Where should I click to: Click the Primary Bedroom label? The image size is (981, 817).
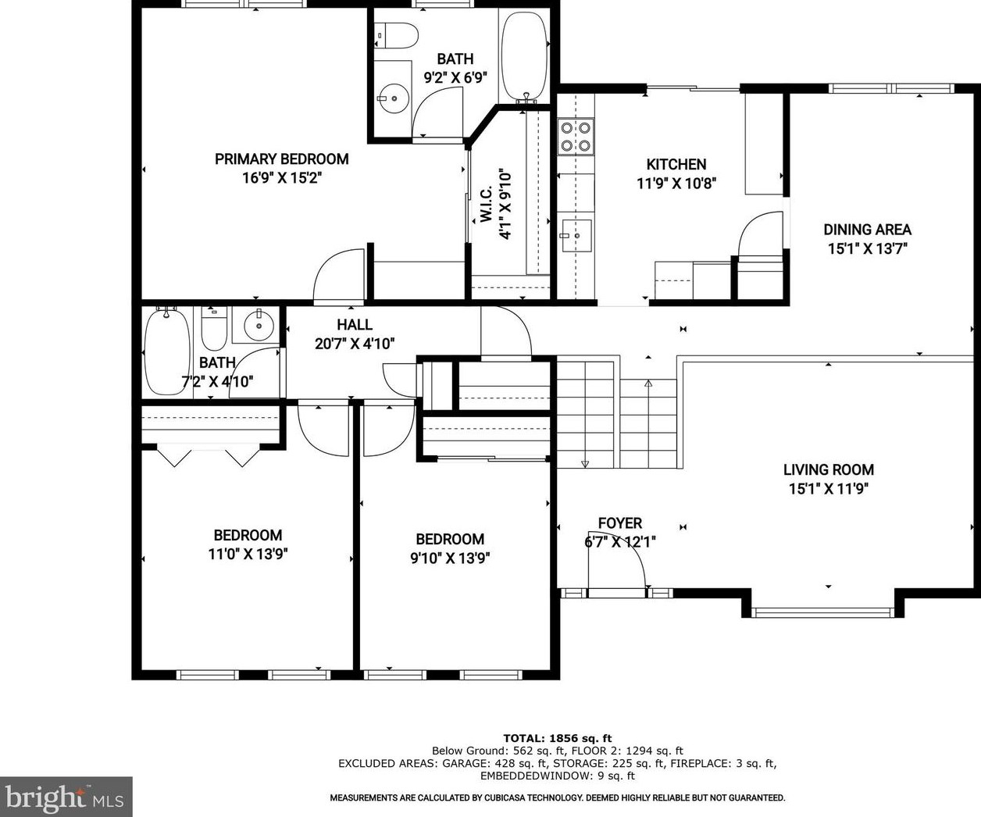point(282,159)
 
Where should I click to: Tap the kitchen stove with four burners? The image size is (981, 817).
point(576,137)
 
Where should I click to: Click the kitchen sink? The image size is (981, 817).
point(576,236)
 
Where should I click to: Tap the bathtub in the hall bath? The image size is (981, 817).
point(166,351)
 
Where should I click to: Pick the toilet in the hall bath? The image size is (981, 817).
point(214,328)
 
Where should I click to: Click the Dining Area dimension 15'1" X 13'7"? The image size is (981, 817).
point(867,248)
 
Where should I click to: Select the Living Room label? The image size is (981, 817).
point(829,469)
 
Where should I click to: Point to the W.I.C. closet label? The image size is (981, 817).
point(486,203)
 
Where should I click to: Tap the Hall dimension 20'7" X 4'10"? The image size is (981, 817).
point(355,344)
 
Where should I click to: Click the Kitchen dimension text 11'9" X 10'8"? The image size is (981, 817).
point(676,184)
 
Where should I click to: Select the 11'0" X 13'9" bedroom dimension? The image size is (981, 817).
point(248,555)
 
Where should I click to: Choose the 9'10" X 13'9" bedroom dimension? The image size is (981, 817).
point(450,558)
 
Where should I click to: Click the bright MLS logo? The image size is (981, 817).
point(66,797)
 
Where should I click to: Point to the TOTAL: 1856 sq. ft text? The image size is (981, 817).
point(558,739)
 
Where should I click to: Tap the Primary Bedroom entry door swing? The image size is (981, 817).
point(339,275)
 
